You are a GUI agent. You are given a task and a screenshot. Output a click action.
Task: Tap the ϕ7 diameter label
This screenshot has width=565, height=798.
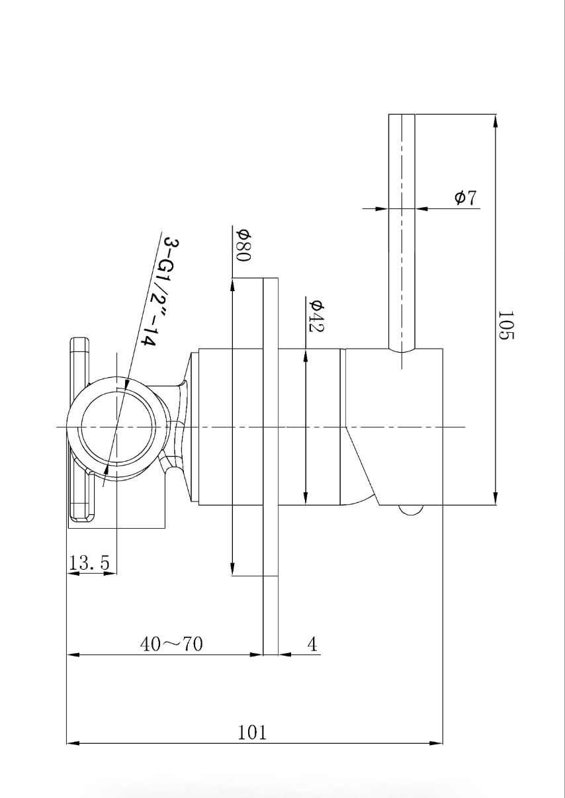[466, 197]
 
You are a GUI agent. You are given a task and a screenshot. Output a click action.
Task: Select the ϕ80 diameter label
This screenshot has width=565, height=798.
[243, 245]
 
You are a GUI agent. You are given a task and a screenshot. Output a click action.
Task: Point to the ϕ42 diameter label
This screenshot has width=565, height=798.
[316, 316]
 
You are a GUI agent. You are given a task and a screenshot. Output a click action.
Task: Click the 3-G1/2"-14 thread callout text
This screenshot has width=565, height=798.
[159, 291]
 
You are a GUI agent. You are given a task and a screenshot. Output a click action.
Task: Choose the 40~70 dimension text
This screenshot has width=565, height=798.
[171, 644]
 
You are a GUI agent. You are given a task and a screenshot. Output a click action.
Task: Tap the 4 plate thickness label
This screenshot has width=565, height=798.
[312, 644]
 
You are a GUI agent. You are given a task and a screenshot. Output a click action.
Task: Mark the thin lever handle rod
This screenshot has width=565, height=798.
[401, 232]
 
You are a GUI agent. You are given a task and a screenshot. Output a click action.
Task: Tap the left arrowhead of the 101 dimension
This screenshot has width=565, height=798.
[73, 744]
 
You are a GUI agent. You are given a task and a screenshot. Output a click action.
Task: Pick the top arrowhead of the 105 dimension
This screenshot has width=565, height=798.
[495, 120]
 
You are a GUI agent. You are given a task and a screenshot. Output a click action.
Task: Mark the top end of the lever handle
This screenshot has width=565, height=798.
[401, 116]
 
